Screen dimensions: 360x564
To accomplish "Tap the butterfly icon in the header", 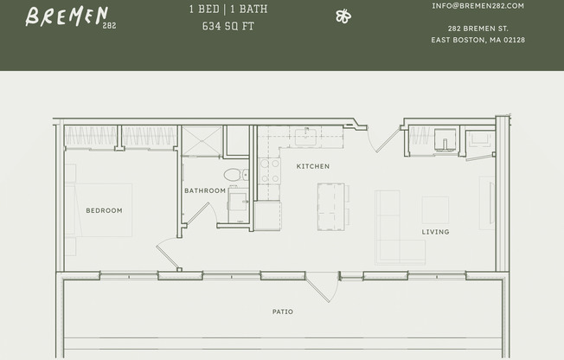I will point(343,16).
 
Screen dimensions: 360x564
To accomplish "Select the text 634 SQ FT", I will point(228,26).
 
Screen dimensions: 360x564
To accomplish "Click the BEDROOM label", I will point(104,210).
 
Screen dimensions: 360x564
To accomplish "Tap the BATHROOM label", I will point(205,190).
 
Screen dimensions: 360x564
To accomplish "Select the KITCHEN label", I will point(312,165).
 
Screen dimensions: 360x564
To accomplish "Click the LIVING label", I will point(435,231).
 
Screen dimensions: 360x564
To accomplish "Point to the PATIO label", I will point(282,312).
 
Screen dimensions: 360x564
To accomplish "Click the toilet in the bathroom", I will point(234,176).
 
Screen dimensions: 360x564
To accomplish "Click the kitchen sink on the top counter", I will point(305,136).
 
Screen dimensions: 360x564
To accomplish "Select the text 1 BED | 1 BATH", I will point(228,10).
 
